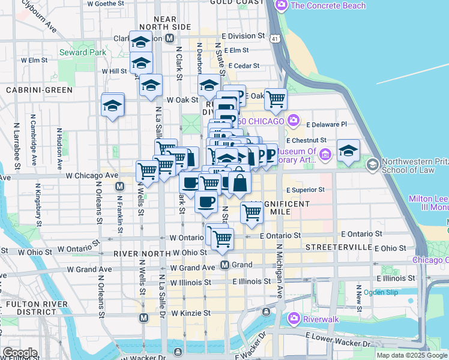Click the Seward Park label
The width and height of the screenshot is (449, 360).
pos(83,52)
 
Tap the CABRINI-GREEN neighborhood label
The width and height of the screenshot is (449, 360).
pos(39,89)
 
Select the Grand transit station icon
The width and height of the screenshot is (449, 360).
pos(224,265)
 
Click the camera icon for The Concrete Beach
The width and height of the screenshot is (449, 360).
pos(281,5)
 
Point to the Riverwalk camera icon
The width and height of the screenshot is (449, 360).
pos(294,317)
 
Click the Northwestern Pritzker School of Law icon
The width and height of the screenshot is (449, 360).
pos(373,164)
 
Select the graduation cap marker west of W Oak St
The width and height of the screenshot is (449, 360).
pos(112,105)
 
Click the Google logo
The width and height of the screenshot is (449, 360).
pos(19,353)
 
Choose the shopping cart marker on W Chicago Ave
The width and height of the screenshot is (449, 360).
pos(147,171)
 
